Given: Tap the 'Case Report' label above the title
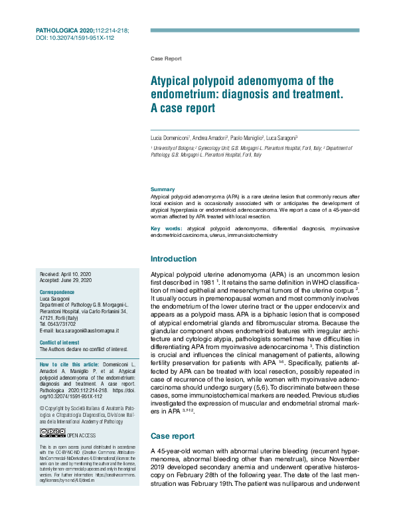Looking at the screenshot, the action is [166, 59].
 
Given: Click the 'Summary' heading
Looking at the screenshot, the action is [163, 189].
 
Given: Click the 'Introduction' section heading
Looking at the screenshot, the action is [174, 258].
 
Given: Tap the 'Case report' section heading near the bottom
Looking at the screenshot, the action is [173, 436].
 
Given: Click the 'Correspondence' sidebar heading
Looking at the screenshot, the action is [58, 293].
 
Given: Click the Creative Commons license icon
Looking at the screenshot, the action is [52, 433].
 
